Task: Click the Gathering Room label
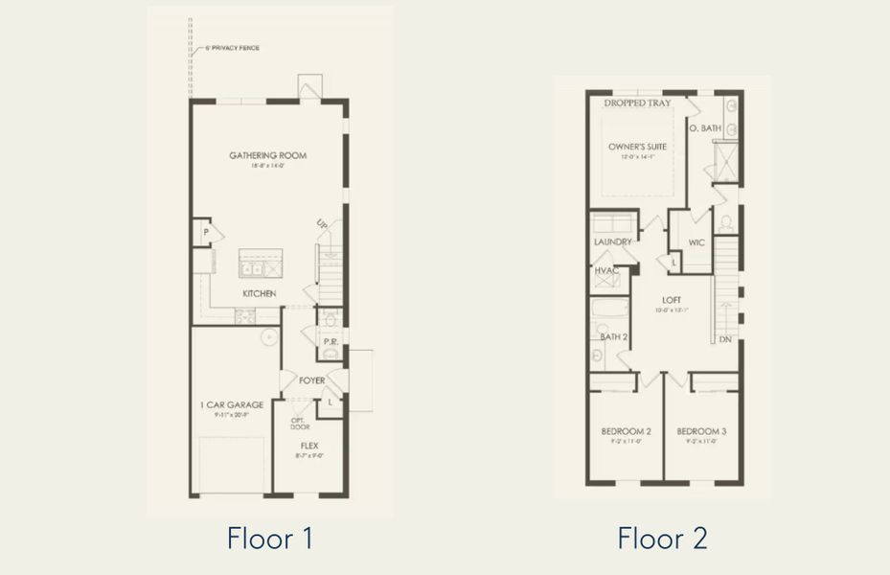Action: tap(267, 155)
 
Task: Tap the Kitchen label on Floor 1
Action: tap(259, 293)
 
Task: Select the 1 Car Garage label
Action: tap(232, 404)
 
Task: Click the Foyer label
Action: tap(311, 380)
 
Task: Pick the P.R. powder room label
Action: tap(329, 341)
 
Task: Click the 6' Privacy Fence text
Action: tap(232, 48)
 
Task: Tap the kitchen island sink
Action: tap(261, 268)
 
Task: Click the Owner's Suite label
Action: tap(637, 147)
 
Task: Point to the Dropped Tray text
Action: tap(637, 103)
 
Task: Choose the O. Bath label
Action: tap(705, 127)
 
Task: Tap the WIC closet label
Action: tap(696, 242)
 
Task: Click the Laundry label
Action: tap(612, 242)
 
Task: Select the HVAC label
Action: tap(605, 272)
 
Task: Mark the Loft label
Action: tap(671, 300)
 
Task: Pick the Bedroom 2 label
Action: tap(627, 431)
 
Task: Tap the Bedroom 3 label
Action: tap(702, 431)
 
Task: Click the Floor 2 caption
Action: tap(662, 538)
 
